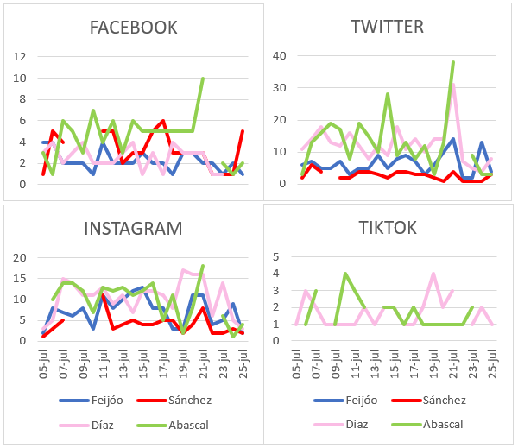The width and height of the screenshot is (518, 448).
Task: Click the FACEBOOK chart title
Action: [x=134, y=28]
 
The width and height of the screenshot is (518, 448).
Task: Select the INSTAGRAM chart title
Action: [x=133, y=229]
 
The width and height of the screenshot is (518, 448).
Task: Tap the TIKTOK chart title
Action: [x=388, y=228]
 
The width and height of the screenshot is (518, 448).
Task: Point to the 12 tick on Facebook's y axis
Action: [x=19, y=57]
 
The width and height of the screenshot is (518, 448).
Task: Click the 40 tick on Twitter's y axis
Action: [x=279, y=56]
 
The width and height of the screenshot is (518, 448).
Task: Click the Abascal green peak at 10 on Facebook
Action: [x=203, y=79]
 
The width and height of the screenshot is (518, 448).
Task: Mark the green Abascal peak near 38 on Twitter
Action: [x=453, y=62]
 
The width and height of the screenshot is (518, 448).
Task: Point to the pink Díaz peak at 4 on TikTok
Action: [x=433, y=274]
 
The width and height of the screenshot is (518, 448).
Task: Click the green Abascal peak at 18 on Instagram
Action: [x=203, y=266]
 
